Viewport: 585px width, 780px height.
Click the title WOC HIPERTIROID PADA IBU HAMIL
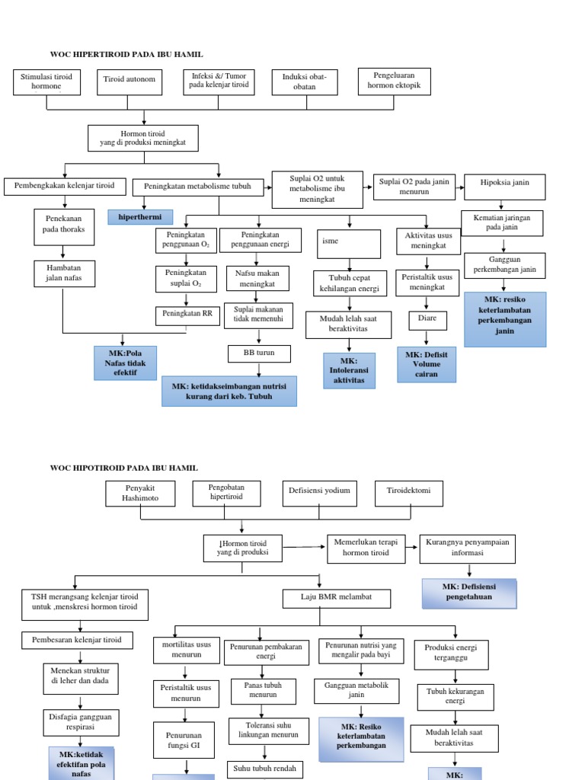126,54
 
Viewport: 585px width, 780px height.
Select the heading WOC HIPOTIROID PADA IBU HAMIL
123,467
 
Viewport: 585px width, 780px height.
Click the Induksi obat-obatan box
305,82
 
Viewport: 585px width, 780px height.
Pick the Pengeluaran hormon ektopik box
394,82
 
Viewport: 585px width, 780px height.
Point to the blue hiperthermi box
140,217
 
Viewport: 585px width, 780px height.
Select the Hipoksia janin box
503,184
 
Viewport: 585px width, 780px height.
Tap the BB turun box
259,353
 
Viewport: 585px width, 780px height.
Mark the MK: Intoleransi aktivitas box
348,370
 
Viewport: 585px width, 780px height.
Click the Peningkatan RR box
186,314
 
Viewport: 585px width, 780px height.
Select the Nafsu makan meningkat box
256,278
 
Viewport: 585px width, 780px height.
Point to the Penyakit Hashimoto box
139,493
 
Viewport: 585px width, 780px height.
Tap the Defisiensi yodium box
319,491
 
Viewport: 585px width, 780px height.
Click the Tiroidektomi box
409,491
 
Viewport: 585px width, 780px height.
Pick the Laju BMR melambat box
336,599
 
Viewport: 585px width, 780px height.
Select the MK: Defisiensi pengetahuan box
469,592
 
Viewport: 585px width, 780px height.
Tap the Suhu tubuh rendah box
263,769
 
